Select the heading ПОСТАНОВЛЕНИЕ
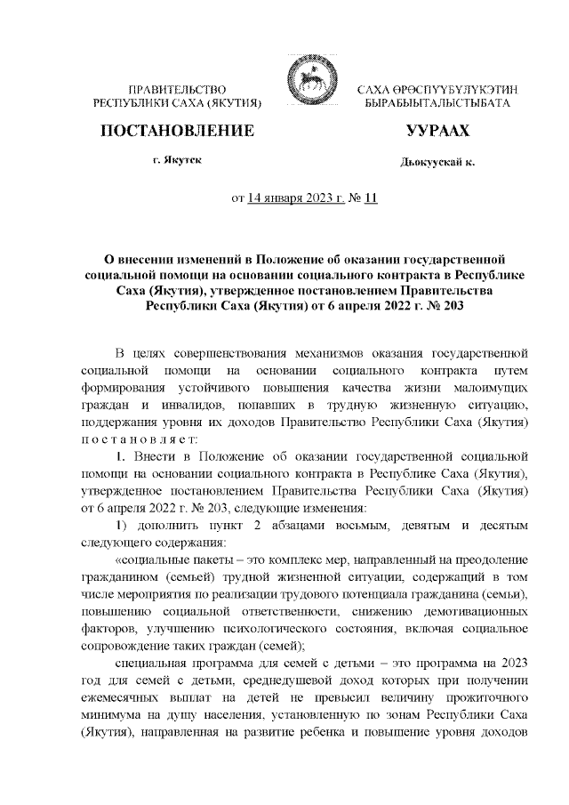click(x=177, y=132)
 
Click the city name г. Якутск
click(x=177, y=161)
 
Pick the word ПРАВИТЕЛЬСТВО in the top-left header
click(x=177, y=91)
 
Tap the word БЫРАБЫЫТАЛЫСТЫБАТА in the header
click(x=431, y=104)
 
